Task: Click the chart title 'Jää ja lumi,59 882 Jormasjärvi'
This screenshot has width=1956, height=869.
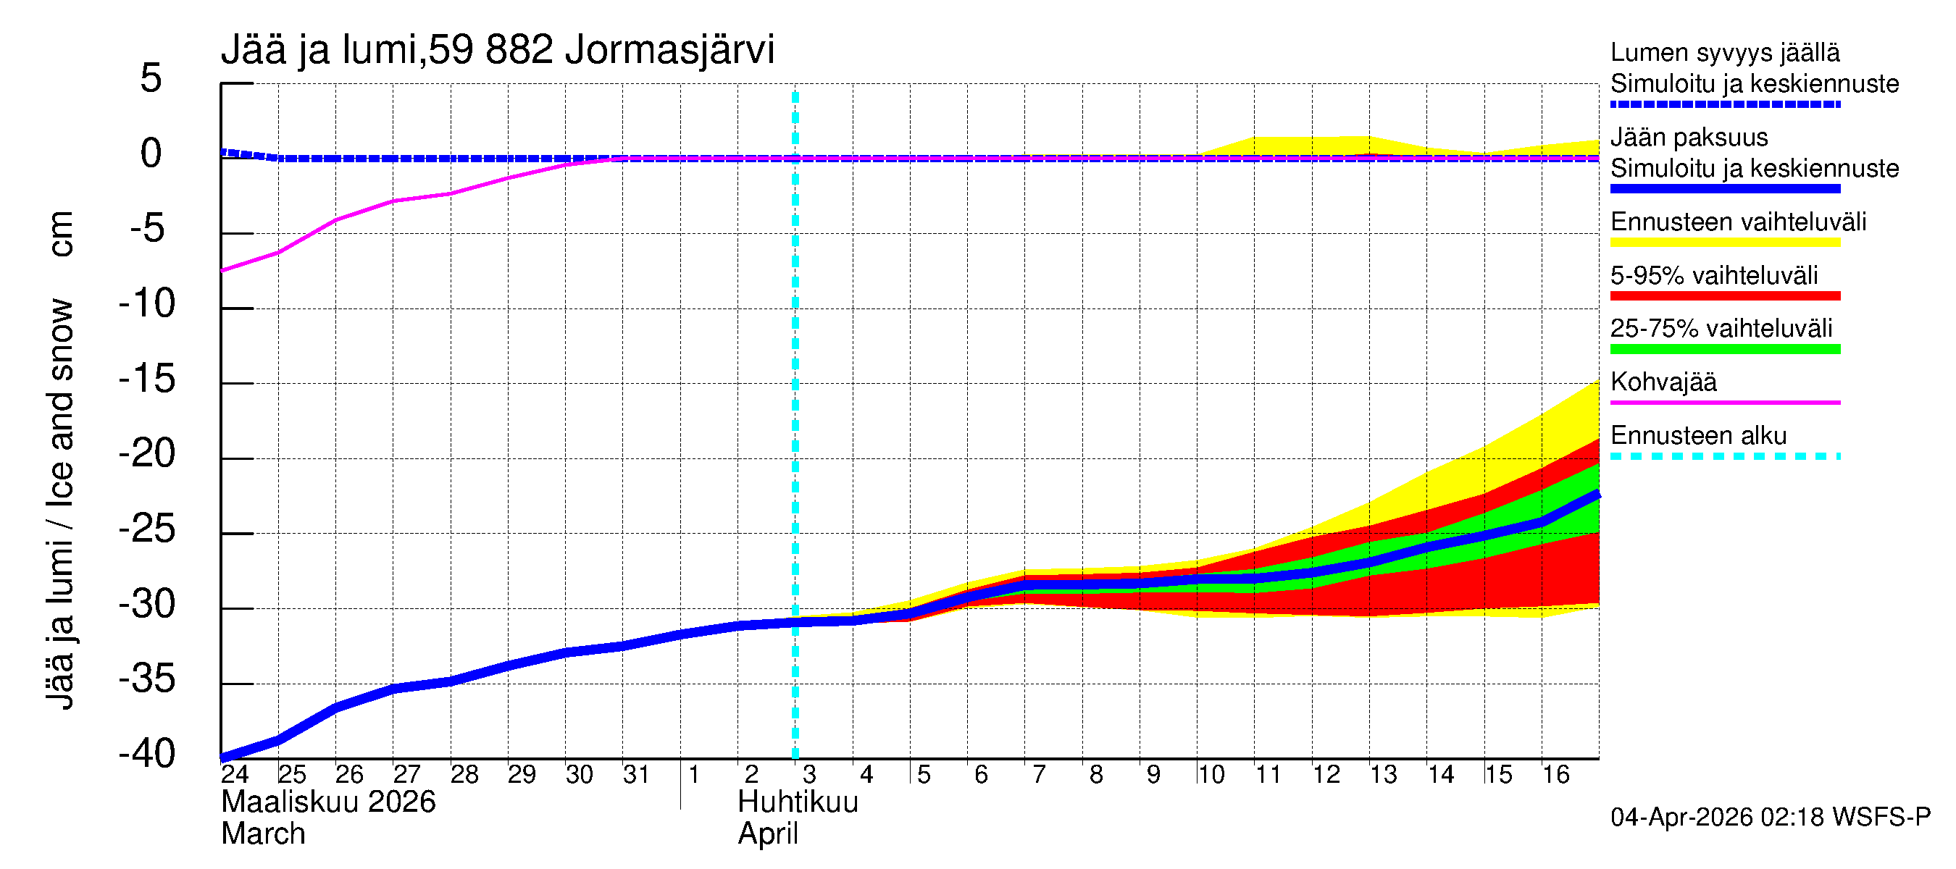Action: coord(498,50)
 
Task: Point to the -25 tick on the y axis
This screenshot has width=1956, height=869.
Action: coord(147,530)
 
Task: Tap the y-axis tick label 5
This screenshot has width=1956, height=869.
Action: coord(151,78)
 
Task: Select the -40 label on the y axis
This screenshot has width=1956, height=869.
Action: coord(147,755)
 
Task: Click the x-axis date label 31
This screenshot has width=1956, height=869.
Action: coord(635,775)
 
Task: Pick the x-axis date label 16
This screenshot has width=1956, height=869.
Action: coord(1555,775)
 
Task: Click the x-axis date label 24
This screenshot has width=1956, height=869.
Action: coord(235,775)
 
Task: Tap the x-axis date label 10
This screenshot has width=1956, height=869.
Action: coord(1211,775)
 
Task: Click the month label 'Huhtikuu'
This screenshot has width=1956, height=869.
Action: coord(798,803)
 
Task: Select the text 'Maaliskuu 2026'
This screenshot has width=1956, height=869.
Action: coord(328,803)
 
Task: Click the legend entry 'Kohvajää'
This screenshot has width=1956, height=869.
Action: coord(1663,382)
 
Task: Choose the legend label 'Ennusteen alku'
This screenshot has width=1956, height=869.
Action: coord(1698,436)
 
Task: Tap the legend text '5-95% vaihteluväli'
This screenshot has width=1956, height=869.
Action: coord(1714,275)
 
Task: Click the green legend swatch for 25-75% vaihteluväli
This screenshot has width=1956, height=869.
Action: coord(1724,349)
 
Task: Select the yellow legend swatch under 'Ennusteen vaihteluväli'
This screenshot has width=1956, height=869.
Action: coord(1724,243)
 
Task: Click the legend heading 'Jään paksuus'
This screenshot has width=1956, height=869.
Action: coord(1689,138)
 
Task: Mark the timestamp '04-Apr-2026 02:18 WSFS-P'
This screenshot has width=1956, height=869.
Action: coord(1770,818)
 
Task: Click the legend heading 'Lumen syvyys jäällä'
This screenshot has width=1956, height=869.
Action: coord(1724,52)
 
